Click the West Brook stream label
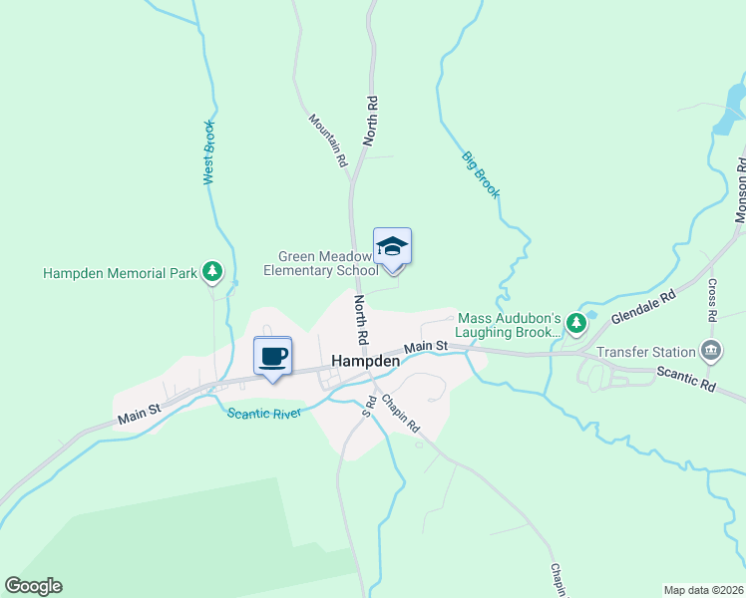pyautogui.click(x=208, y=151)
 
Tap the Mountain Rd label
pyautogui.click(x=327, y=140)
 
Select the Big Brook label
pyautogui.click(x=480, y=173)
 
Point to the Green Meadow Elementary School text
pyautogui.click(x=321, y=263)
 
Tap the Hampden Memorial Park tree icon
pyautogui.click(x=211, y=271)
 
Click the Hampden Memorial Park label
pyautogui.click(x=120, y=272)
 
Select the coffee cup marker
pyautogui.click(x=272, y=356)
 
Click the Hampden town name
pyautogui.click(x=365, y=361)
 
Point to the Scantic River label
pyautogui.click(x=264, y=414)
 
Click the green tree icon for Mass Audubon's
pyautogui.click(x=575, y=323)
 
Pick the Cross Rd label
pyautogui.click(x=713, y=299)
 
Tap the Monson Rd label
pyautogui.click(x=740, y=189)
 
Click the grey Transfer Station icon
pyautogui.click(x=711, y=350)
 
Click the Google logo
pyautogui.click(x=33, y=586)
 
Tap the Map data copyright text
pyautogui.click(x=703, y=590)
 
